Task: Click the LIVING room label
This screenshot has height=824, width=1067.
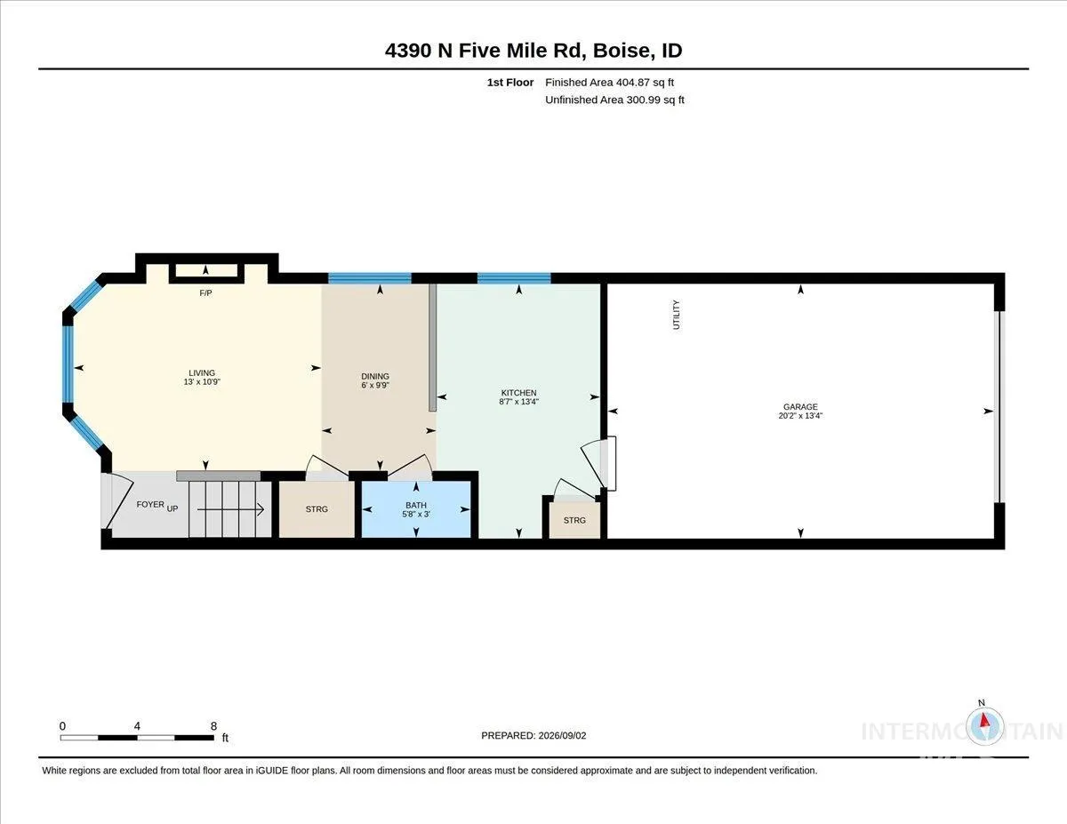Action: point(202,373)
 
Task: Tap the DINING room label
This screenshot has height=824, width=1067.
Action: point(375,376)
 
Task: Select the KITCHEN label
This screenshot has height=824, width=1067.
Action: point(518,393)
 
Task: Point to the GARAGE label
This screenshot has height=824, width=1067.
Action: point(800,407)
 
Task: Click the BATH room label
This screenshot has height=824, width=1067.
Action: point(416,505)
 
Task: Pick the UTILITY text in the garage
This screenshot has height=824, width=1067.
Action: point(676,315)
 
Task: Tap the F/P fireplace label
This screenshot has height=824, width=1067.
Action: point(205,293)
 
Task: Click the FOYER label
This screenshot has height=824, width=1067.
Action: point(150,504)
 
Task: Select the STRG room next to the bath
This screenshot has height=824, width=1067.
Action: point(317,509)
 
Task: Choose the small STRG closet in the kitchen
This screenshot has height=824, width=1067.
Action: point(574,520)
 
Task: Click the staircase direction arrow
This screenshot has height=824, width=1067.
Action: point(231,510)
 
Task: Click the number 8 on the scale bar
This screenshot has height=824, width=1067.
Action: point(213,726)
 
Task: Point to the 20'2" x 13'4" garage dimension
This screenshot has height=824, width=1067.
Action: point(800,416)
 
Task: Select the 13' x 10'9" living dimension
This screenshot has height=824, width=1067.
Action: point(202,382)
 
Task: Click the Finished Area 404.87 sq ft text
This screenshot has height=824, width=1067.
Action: point(609,83)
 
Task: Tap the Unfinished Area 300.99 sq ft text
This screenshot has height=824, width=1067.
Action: point(614,100)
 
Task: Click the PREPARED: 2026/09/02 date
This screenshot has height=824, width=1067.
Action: point(533,735)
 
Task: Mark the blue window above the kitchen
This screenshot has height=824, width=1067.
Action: point(514,278)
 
